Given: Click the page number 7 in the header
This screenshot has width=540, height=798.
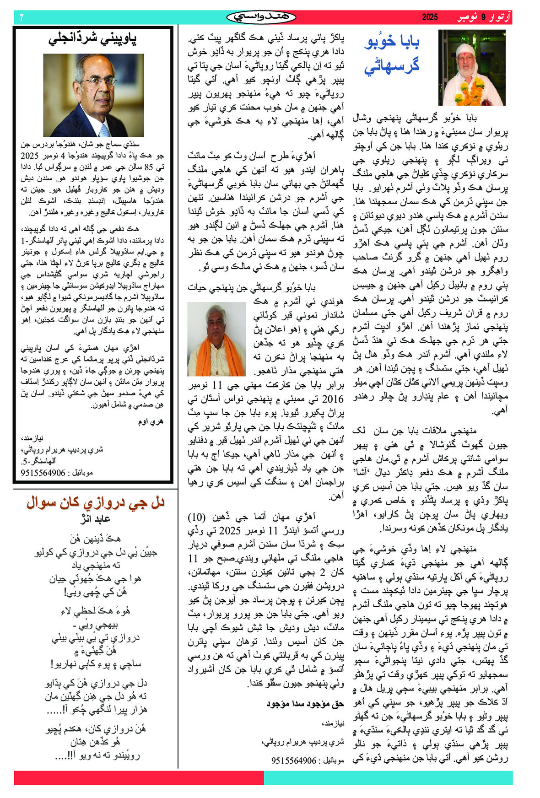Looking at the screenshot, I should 22,18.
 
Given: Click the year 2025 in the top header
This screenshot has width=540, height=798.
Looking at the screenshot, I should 430,17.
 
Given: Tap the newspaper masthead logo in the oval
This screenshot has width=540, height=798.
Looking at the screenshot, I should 261,17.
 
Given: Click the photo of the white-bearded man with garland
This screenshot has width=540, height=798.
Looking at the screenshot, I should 471,67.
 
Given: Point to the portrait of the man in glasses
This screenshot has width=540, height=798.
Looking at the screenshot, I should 93,95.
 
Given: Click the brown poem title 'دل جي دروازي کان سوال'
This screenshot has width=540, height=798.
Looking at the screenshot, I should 95,503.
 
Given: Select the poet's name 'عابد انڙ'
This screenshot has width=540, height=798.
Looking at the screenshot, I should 95,519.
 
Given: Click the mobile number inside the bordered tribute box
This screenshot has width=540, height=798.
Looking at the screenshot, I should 43,473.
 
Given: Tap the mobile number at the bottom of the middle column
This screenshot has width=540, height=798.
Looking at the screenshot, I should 293,760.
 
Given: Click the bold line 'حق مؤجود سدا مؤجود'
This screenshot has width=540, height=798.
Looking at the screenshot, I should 305,704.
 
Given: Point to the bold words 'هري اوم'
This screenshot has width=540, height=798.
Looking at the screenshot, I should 151,421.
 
